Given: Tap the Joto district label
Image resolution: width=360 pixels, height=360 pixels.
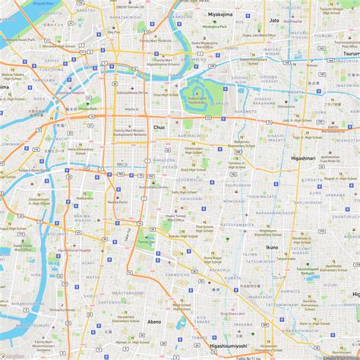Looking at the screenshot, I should coord(274,21).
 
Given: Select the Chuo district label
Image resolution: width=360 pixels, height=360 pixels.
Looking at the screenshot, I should coord(159,128).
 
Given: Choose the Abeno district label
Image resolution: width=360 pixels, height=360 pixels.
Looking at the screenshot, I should coord(153,322).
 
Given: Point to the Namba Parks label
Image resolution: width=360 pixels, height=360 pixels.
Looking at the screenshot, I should coord(118,203).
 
